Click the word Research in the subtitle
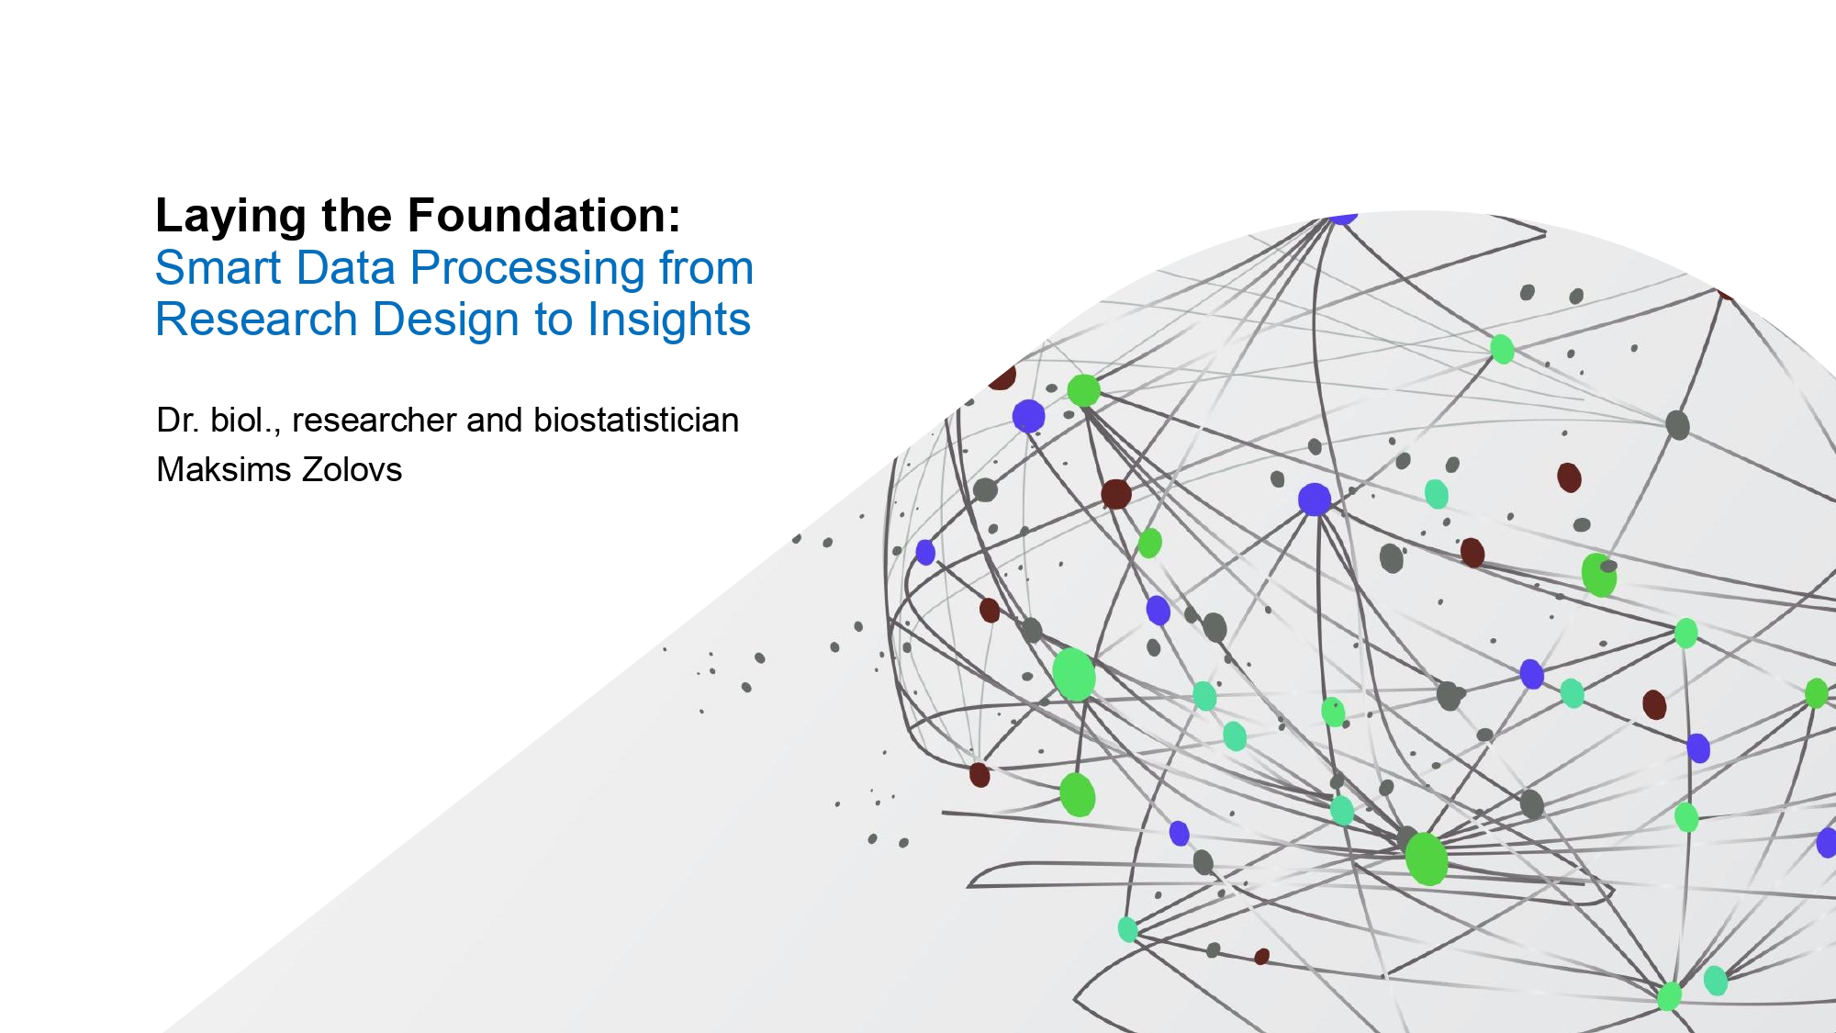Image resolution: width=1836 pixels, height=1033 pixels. (256, 320)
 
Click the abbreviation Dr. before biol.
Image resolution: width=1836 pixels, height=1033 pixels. (177, 420)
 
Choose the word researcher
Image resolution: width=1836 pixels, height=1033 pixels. (374, 421)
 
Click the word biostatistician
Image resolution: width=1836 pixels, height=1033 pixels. (636, 420)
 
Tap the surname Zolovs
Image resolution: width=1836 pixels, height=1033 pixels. (352, 469)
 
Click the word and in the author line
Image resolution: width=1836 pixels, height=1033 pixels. (494, 420)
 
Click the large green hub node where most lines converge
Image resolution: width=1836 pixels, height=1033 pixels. (1426, 859)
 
